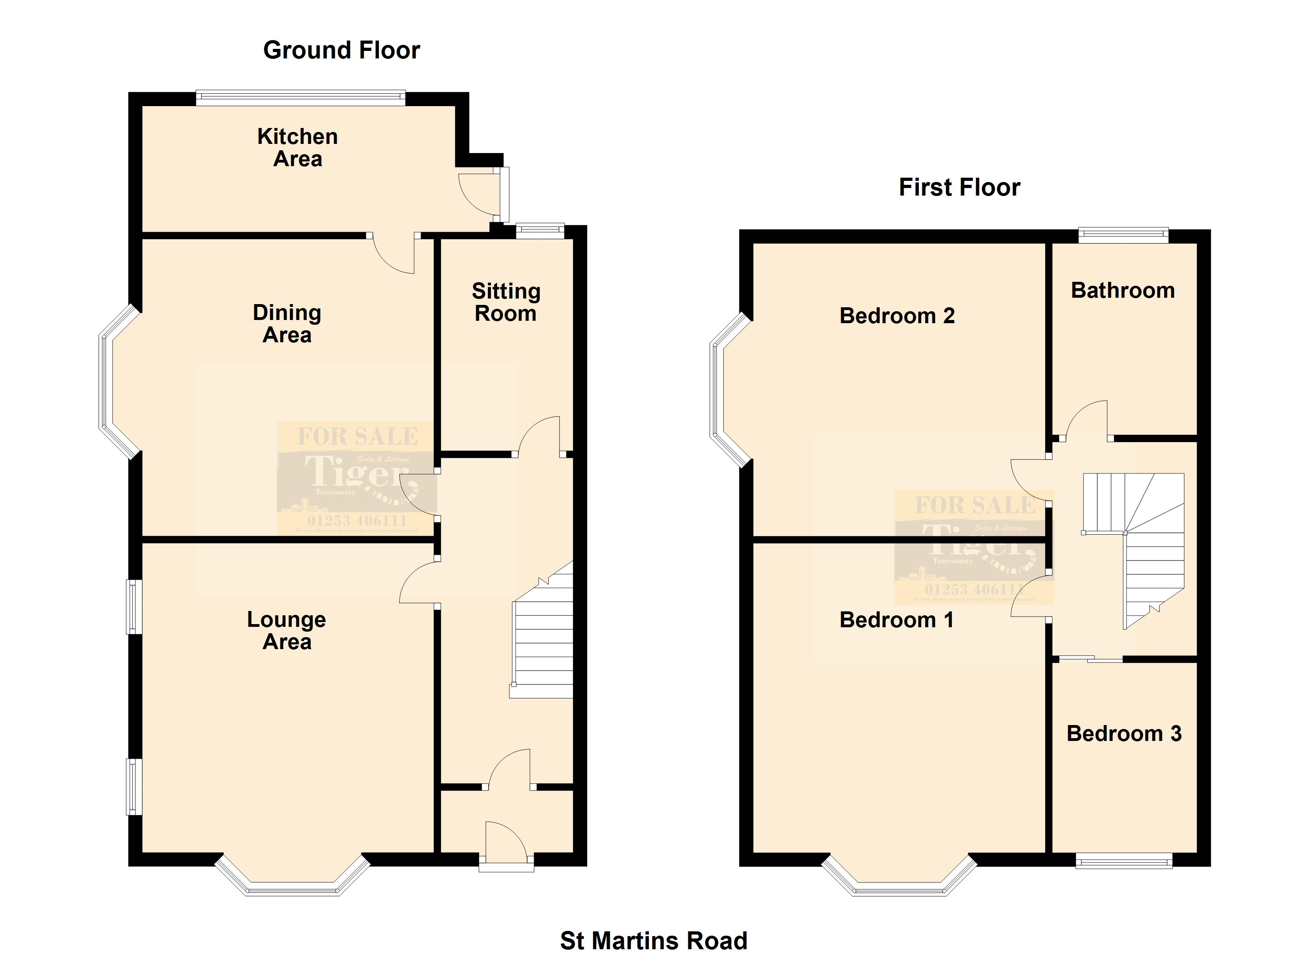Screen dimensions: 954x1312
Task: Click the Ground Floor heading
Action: pyautogui.click(x=341, y=50)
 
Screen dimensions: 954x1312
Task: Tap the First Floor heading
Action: pyautogui.click(x=959, y=188)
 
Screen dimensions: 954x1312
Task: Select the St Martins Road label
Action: pyautogui.click(x=654, y=940)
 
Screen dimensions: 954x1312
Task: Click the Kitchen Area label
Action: pyautogui.click(x=297, y=147)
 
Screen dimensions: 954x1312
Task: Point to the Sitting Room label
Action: pyautogui.click(x=506, y=302)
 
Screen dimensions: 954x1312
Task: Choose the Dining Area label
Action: pyautogui.click(x=287, y=324)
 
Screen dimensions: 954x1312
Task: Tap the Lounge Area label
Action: pyautogui.click(x=287, y=630)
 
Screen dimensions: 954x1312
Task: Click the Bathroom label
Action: pyautogui.click(x=1123, y=290)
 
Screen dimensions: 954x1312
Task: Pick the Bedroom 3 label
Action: pyautogui.click(x=1124, y=733)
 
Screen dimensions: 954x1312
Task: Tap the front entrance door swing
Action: pyautogui.click(x=505, y=842)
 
